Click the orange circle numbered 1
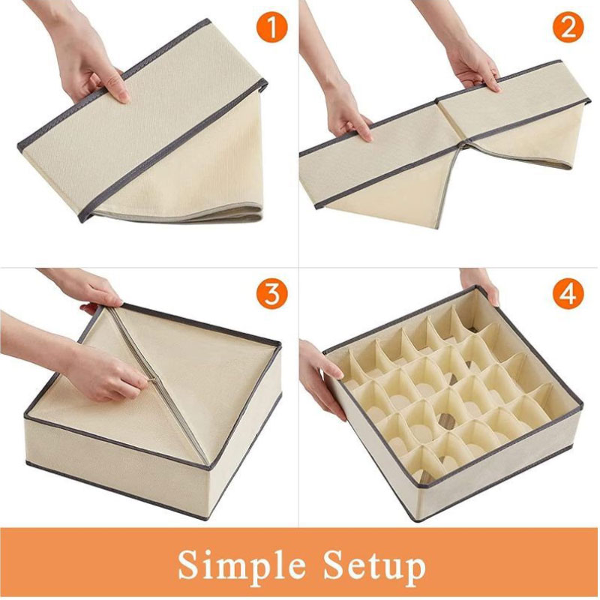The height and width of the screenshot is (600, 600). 271,28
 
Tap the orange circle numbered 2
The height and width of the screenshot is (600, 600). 568,28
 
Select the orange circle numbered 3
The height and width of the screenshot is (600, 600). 271,294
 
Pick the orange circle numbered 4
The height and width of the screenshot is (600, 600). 568,294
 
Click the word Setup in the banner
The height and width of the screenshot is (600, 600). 374,565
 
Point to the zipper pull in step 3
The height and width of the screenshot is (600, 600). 152,380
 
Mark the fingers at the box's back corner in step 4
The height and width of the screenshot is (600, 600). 479,284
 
